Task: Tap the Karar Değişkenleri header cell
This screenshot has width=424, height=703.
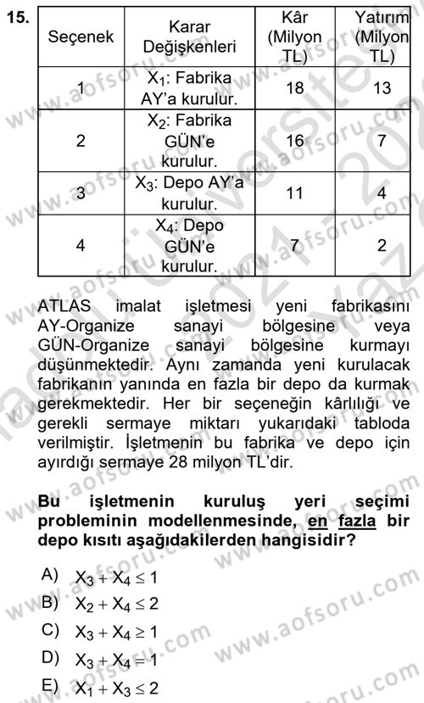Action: click(x=190, y=37)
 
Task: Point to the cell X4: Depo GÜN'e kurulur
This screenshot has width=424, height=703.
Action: click(x=190, y=245)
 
